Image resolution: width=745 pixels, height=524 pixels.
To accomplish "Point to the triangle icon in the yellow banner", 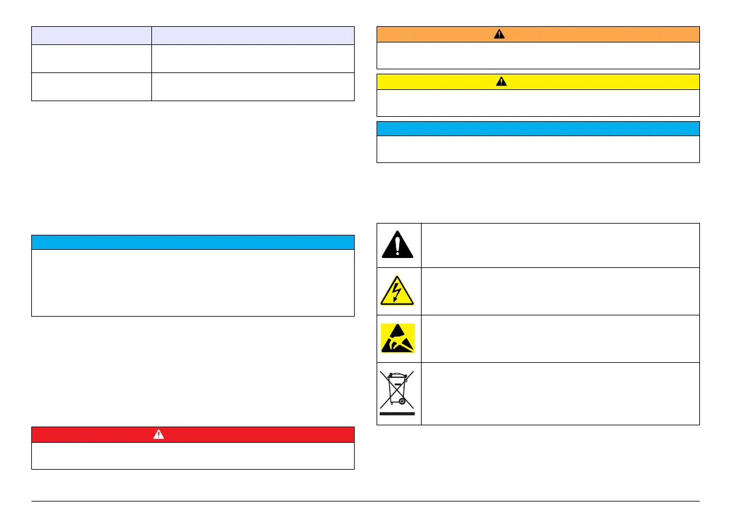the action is click(x=501, y=82).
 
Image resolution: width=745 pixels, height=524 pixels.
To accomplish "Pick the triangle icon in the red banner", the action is click(x=158, y=435).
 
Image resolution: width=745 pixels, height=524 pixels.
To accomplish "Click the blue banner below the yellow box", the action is click(x=538, y=129).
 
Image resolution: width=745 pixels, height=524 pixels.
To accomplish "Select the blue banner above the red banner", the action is click(x=193, y=242).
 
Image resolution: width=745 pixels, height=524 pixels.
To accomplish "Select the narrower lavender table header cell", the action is click(x=91, y=35).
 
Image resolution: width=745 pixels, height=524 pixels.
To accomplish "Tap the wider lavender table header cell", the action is click(x=253, y=35).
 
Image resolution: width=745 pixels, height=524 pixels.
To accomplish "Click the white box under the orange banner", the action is click(x=538, y=56).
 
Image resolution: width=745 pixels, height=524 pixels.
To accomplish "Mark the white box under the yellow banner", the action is click(x=538, y=103).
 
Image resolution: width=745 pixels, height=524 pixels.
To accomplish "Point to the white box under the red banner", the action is click(x=193, y=456).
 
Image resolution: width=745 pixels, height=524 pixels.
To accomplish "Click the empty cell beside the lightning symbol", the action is click(x=560, y=291).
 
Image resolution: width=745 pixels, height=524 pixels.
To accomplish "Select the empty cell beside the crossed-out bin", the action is click(x=560, y=393).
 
